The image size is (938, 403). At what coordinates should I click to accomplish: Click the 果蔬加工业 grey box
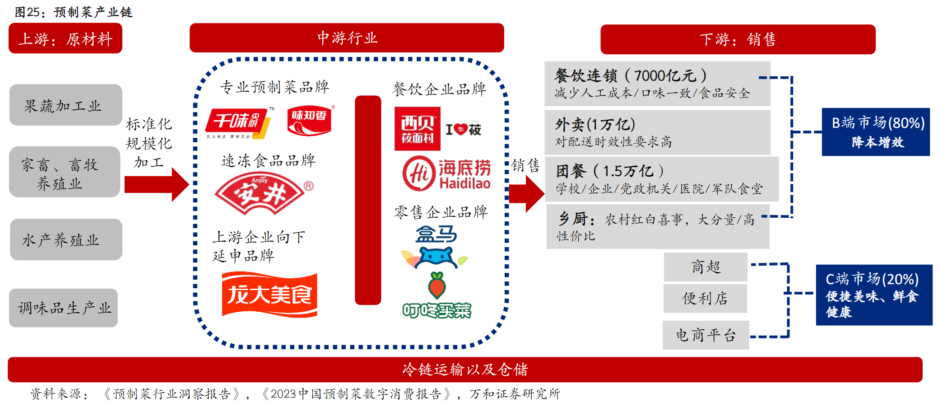65,105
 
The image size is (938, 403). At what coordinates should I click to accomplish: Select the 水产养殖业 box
65,239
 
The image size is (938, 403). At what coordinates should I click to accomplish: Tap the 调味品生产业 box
63,308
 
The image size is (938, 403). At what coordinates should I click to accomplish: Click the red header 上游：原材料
65,39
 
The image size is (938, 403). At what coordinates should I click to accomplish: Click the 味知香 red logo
310,121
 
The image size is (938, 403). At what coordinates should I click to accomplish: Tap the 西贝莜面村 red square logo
417,129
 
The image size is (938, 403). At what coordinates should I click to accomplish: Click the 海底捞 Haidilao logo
446,173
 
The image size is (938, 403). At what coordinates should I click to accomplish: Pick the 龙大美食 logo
269,295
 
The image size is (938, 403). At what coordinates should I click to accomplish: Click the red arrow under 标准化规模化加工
156,184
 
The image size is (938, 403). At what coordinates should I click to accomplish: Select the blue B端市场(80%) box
875,132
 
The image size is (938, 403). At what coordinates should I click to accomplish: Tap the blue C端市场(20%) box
873,295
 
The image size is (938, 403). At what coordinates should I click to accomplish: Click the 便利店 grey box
705,298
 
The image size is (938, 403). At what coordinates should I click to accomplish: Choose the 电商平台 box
706,335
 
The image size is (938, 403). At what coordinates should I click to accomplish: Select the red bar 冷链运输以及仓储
465,369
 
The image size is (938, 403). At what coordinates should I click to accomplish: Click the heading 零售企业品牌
441,212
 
